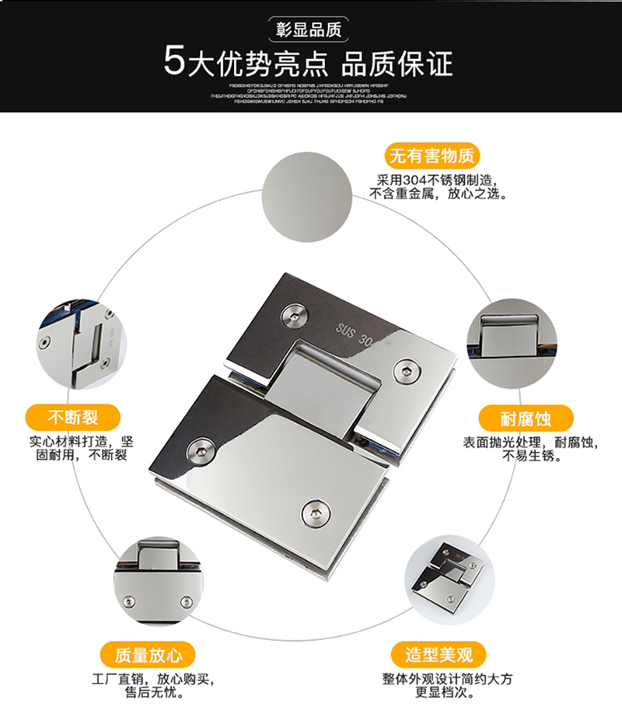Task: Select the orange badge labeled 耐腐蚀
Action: click(526, 419)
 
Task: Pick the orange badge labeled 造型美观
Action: click(439, 653)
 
